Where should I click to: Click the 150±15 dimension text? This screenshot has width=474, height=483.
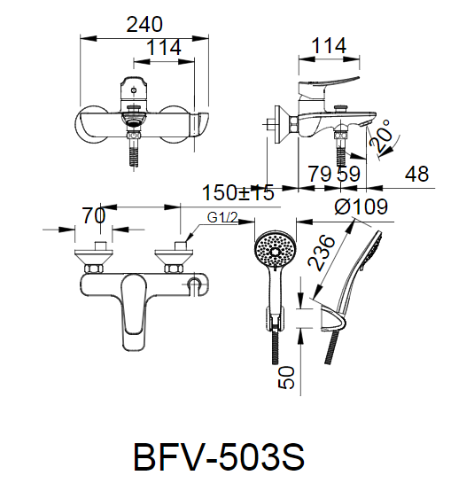[238, 192]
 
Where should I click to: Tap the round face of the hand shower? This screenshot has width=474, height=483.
[275, 251]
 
